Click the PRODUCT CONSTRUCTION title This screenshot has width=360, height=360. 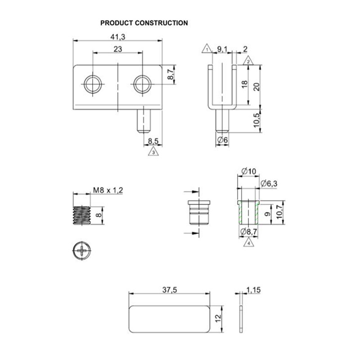click(x=144, y=23)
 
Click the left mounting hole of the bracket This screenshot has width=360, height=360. click(x=93, y=83)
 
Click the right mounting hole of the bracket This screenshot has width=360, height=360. click(x=142, y=83)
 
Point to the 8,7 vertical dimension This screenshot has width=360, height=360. click(x=171, y=74)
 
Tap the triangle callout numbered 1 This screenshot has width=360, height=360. click(x=207, y=49)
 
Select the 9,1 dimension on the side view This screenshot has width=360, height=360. click(x=222, y=49)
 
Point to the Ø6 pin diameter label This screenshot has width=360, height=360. click(x=223, y=141)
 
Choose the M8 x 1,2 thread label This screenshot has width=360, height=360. click(x=108, y=190)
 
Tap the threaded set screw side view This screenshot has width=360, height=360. click(x=81, y=216)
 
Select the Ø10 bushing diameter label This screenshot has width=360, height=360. click(x=248, y=171)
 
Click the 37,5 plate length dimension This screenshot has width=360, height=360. click(x=169, y=290)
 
